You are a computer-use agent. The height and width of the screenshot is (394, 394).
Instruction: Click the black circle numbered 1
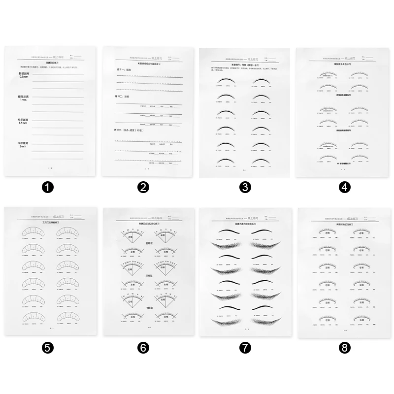point(47,187)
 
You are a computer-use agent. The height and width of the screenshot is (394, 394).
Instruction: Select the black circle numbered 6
point(143,348)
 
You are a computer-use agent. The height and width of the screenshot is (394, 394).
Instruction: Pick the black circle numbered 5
point(47,348)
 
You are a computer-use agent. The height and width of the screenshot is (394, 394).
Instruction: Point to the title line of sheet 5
point(50,222)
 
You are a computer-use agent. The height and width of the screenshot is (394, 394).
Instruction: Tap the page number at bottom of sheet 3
point(244,170)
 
